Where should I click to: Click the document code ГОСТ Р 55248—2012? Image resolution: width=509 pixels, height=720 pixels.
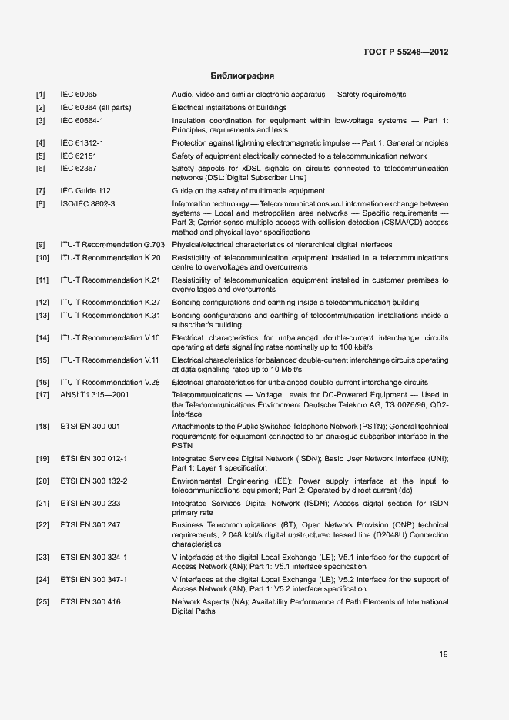point(406,52)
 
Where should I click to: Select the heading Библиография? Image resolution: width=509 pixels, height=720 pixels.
point(243,76)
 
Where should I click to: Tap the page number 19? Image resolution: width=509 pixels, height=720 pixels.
point(444,655)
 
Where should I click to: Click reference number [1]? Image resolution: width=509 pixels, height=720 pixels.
point(40,95)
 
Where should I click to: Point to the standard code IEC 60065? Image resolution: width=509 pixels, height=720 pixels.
point(79,95)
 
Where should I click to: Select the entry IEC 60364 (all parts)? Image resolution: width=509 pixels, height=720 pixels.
point(95,108)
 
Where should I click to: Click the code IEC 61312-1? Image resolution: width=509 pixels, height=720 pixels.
point(82,143)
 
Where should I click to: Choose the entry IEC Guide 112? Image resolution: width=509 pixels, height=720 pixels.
point(85,190)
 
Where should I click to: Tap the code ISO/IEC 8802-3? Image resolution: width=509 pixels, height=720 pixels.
point(87,203)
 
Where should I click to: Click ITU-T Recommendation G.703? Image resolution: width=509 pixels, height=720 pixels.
point(112,244)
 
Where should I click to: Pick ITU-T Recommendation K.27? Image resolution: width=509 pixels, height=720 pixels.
point(110,303)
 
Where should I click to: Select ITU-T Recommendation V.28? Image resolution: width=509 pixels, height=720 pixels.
point(110,382)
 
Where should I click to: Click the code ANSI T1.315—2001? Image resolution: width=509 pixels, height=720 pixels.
point(95,394)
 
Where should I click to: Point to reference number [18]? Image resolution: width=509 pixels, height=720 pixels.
point(42,426)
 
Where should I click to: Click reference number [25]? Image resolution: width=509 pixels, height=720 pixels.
point(42,601)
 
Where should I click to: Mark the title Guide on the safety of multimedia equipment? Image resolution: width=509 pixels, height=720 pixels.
point(248,190)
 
